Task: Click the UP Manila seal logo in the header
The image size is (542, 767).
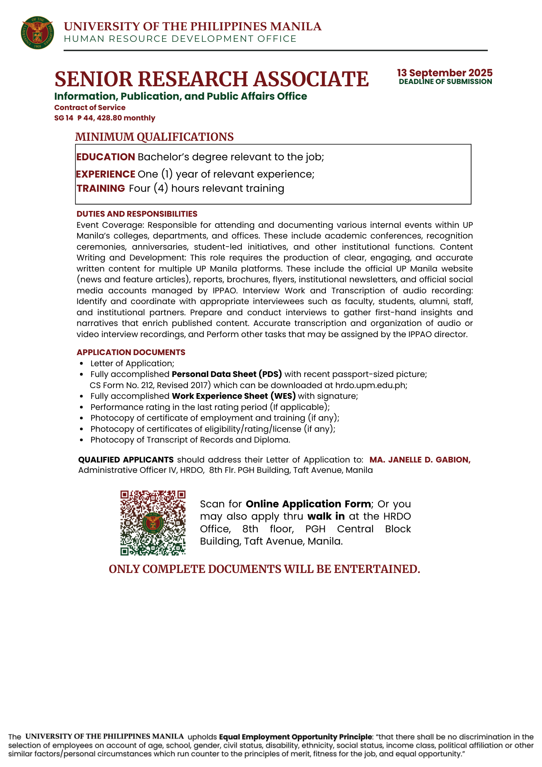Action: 37,33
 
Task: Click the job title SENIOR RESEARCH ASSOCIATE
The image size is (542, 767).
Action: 212,79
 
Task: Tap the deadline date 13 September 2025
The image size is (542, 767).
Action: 445,73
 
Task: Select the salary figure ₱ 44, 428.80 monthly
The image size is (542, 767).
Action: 116,118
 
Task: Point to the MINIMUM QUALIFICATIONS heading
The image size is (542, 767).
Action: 154,137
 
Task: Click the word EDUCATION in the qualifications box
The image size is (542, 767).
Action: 105,157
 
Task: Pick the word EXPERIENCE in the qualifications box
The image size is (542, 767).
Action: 105,174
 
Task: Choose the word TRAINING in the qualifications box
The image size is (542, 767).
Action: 101,188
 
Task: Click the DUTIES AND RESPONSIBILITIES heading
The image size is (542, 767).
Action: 137,214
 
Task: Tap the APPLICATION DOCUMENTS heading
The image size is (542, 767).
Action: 131,352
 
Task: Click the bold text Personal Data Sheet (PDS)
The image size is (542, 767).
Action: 227,374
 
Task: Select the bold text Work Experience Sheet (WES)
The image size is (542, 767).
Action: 234,396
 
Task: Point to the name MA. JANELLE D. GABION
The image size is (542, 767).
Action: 420,459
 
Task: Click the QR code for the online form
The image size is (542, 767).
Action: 153,522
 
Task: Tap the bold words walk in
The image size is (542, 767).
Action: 326,516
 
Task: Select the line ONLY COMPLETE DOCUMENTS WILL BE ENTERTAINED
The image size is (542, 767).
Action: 264,569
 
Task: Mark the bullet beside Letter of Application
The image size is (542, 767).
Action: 81,364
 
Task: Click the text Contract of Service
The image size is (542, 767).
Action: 90,108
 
